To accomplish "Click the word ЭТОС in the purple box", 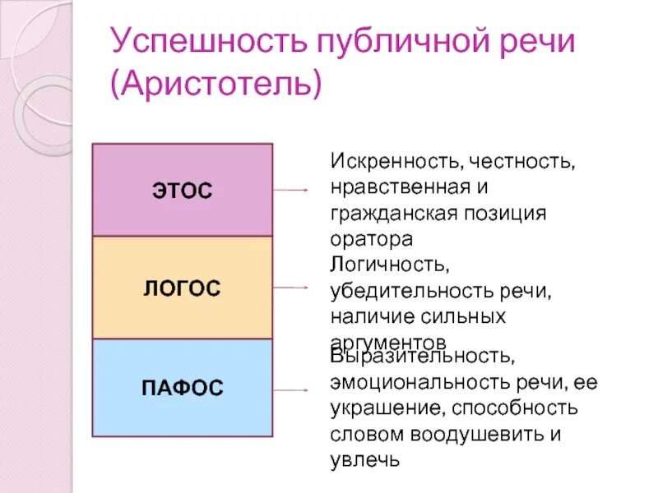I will point(182,191).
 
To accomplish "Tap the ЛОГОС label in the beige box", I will point(182,288).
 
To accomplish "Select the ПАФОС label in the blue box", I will point(183,388).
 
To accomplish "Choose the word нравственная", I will point(402,187).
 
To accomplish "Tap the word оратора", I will point(370,239).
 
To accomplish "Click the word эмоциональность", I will point(412,383).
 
